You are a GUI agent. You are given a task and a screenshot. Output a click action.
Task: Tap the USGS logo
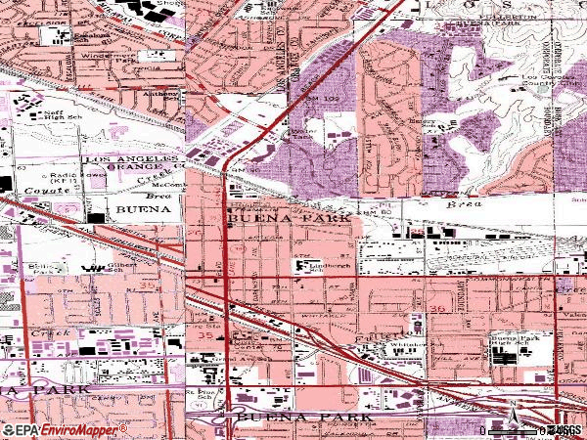point(564,430)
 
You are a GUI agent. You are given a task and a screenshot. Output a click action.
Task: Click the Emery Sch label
point(421,123)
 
